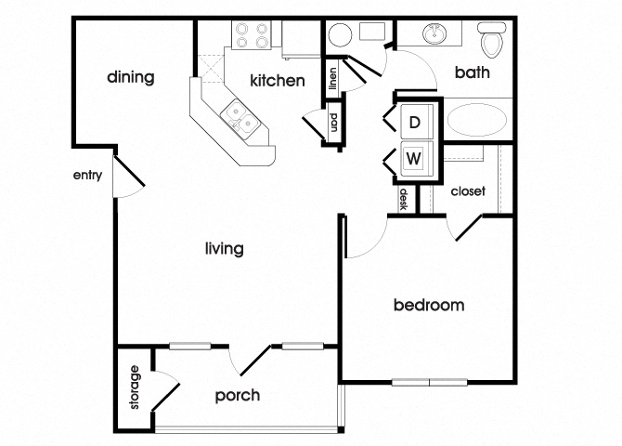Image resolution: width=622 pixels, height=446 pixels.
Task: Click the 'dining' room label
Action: pos(130,77)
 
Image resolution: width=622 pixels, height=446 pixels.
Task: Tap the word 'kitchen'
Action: pos(277,81)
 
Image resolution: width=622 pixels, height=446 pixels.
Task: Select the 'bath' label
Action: pos(473,73)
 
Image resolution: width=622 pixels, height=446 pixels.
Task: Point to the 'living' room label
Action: pos(224,249)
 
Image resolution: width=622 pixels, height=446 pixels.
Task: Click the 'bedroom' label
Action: pos(428,305)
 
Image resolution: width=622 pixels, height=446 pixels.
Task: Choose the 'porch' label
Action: pos(237,395)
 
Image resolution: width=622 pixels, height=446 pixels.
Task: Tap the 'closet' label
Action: pos(468,191)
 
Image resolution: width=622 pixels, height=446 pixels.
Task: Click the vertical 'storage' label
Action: pos(135,388)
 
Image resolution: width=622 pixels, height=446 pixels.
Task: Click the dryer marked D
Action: pos(415,122)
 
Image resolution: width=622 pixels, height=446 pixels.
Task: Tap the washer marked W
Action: pos(415,158)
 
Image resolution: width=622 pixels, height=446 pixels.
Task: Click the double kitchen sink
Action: pos(239,118)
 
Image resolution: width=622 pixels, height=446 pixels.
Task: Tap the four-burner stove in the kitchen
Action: pos(252,34)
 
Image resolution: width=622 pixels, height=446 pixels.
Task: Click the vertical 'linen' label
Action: pos(332,80)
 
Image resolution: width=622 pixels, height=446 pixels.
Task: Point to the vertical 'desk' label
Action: pos(404,200)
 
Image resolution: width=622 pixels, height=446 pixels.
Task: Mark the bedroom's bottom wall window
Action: pos(429,381)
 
